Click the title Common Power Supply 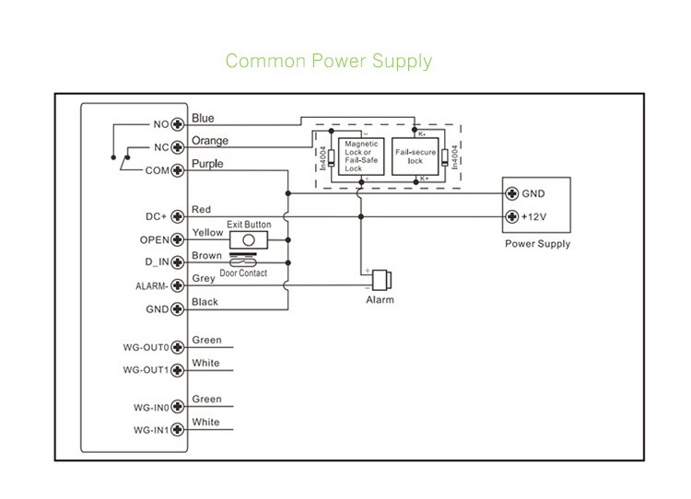point(328,62)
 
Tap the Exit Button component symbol point(249,239)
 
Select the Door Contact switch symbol point(243,261)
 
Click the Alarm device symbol point(381,280)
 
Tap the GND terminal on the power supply point(512,194)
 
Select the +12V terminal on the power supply point(512,217)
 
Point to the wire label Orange point(210,141)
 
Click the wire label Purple point(207,164)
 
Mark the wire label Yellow point(207,233)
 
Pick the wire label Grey point(204,279)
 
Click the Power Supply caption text point(537,244)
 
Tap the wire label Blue point(203,118)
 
